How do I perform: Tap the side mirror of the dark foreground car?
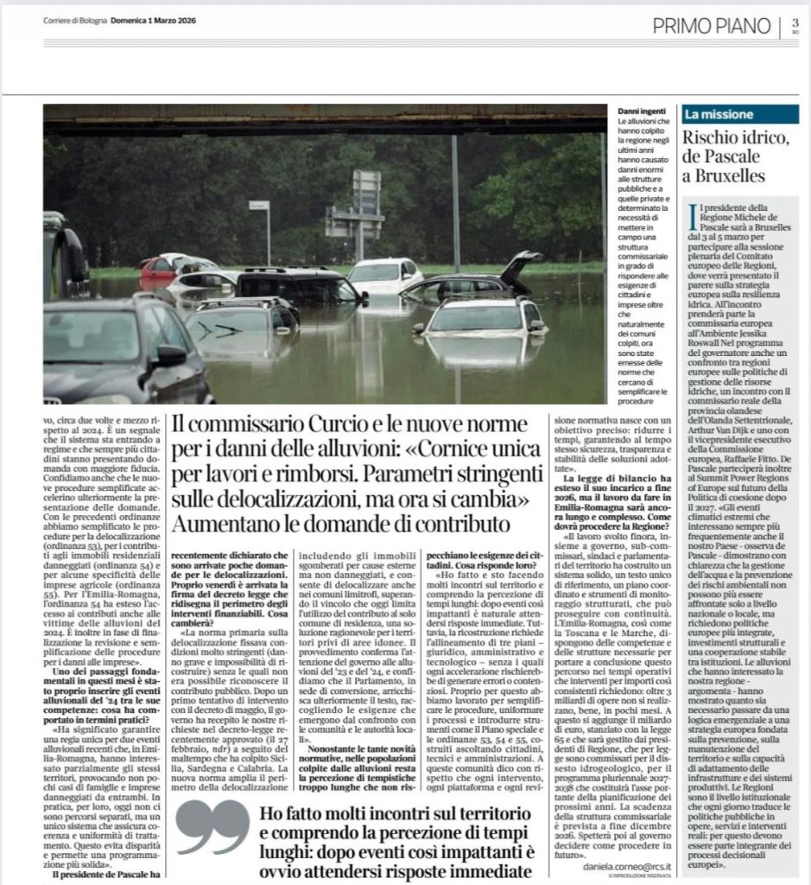169,355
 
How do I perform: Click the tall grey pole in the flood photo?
454,215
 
